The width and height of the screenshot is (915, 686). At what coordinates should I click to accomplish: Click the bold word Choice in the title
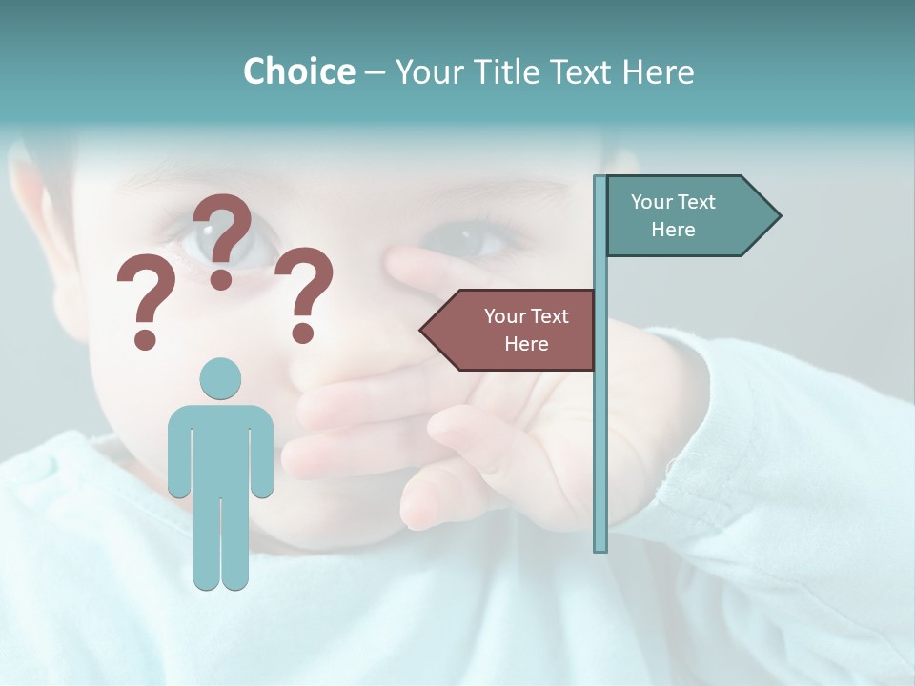[298, 71]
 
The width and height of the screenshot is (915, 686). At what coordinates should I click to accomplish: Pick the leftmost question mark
[145, 303]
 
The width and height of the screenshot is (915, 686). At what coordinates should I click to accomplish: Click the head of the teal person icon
[220, 378]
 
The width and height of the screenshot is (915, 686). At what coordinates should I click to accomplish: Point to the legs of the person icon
[220, 543]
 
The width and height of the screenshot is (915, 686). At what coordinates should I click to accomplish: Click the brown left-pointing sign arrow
[510, 330]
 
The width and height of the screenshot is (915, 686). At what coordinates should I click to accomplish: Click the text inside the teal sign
[673, 215]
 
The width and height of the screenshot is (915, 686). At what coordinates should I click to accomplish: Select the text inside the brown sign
[526, 330]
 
